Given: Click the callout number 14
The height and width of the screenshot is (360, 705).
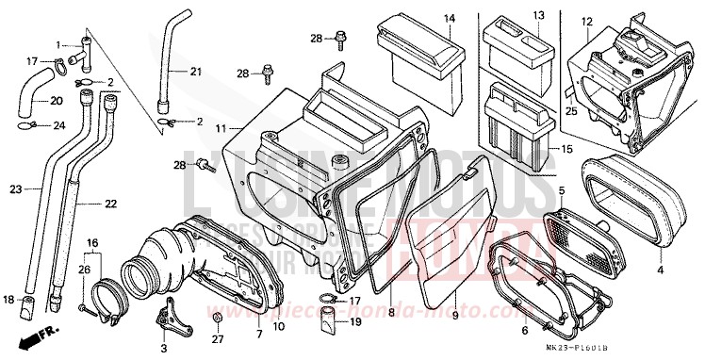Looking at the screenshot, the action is point(450,19).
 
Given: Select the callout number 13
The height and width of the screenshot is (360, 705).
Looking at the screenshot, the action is point(538,15).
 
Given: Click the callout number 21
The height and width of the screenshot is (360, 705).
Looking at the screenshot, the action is point(195,72).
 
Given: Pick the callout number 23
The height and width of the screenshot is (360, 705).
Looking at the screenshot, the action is point(15,189).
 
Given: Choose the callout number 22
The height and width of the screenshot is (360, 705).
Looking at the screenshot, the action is point(111,204).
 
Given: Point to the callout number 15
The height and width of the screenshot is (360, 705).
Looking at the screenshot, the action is point(566,150).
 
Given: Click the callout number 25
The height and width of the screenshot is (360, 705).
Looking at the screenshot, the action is point(570,111).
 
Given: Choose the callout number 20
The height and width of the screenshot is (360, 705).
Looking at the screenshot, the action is point(57,101).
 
